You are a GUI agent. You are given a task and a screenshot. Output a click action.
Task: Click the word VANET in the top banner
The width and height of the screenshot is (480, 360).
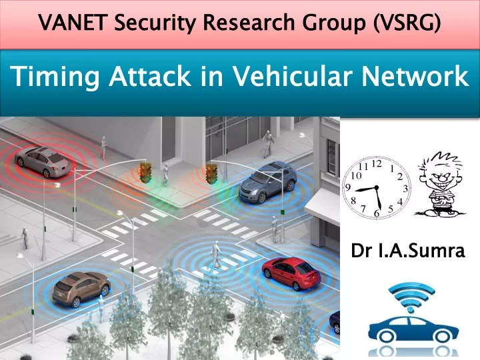pyautogui.click(x=73, y=22)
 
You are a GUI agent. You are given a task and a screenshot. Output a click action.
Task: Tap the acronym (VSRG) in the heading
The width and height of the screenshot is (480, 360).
pyautogui.click(x=407, y=23)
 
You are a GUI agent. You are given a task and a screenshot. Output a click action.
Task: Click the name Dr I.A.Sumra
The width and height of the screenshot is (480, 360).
pyautogui.click(x=408, y=251)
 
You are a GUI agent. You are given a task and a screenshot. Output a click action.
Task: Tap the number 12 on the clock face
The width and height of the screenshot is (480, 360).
pyautogui.click(x=377, y=164)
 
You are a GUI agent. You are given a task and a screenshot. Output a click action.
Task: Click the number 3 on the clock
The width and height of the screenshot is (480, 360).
pyautogui.click(x=405, y=189)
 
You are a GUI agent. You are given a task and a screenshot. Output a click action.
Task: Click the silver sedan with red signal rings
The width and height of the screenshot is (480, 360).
pyautogui.click(x=42, y=161)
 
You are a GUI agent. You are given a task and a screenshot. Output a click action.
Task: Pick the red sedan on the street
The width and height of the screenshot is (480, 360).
pyautogui.click(x=291, y=273)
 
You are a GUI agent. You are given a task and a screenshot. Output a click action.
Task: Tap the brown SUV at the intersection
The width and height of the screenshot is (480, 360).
pyautogui.click(x=81, y=289)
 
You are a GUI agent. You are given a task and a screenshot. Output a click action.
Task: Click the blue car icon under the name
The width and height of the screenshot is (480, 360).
pyautogui.click(x=413, y=330)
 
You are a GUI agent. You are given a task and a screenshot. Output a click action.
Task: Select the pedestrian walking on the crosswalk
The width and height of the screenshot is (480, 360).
pyautogui.click(x=217, y=255)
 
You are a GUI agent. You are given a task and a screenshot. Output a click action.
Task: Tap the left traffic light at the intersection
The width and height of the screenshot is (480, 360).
pyautogui.click(x=146, y=173)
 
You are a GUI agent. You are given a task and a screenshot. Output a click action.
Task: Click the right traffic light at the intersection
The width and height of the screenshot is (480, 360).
pyautogui.click(x=211, y=173)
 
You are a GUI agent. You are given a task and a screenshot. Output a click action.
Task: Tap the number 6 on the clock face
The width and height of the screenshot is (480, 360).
pyautogui.click(x=377, y=213)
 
